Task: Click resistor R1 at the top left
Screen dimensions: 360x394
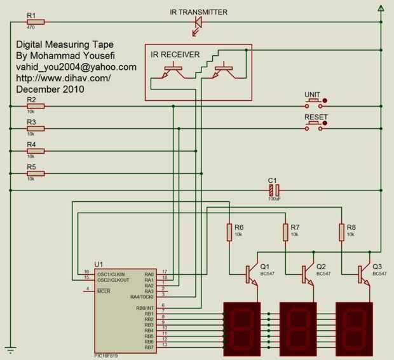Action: (x=36, y=22)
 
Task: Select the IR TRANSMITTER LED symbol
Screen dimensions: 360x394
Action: (x=198, y=22)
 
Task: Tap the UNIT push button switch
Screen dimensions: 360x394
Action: (x=313, y=100)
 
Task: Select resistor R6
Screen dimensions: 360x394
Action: (x=229, y=232)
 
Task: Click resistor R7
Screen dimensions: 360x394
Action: (x=285, y=232)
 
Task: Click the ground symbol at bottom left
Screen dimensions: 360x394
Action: (x=10, y=349)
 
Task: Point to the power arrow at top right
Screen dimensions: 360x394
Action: (x=381, y=8)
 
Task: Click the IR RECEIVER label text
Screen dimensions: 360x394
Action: (x=175, y=55)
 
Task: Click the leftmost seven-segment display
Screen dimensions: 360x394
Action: (x=242, y=328)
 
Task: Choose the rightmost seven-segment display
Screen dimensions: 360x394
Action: (x=355, y=328)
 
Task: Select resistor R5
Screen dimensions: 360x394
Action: (x=36, y=173)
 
